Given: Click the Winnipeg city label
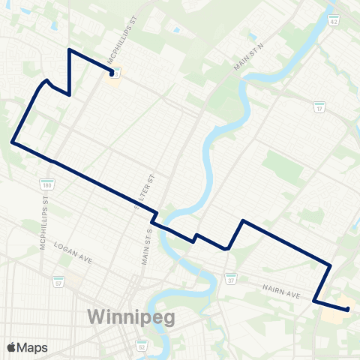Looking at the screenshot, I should point(131,316).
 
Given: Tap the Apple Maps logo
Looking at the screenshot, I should point(27,347).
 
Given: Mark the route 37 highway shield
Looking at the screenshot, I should point(232,280).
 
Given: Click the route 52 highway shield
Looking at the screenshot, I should point(142,346).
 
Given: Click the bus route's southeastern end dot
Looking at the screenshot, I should point(348,309).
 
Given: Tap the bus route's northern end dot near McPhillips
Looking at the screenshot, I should point(111,73).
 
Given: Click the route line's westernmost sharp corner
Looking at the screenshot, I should point(11,140).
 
